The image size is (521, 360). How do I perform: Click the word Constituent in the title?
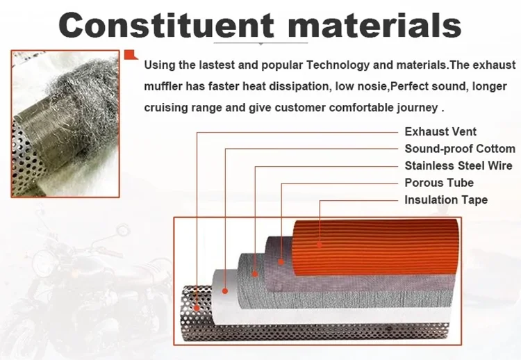[x=166, y=25]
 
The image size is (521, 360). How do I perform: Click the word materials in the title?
[x=374, y=25]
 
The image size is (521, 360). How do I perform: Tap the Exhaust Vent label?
[x=440, y=131]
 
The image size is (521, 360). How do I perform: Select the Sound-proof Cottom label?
[x=460, y=149]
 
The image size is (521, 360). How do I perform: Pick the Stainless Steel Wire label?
[x=458, y=165]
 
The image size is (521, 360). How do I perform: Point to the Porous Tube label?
[x=439, y=183]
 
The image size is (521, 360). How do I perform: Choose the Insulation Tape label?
[x=446, y=199]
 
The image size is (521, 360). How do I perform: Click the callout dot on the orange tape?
[x=320, y=245]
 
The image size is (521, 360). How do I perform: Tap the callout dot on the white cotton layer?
[x=225, y=291]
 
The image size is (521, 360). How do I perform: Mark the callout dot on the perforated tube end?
[x=197, y=308]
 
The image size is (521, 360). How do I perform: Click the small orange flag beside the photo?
[x=131, y=55]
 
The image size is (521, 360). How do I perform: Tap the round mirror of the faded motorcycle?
[x=123, y=230]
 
